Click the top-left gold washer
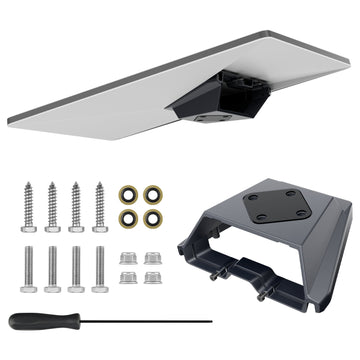point(129,195)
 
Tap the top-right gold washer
point(152,195)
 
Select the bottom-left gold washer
point(129,217)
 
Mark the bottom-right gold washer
point(152,217)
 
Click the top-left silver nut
point(128,258)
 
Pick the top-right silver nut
point(151,258)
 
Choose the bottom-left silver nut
point(128,277)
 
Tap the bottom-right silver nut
point(151,277)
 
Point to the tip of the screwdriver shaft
point(211,322)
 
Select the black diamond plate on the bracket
point(274,204)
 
